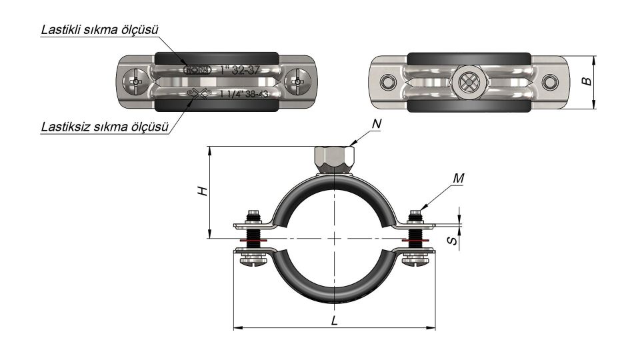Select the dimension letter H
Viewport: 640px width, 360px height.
(x=205, y=191)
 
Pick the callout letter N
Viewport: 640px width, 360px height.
(x=377, y=125)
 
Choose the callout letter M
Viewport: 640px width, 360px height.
(x=457, y=178)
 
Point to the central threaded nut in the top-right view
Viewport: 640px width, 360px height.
(x=464, y=83)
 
